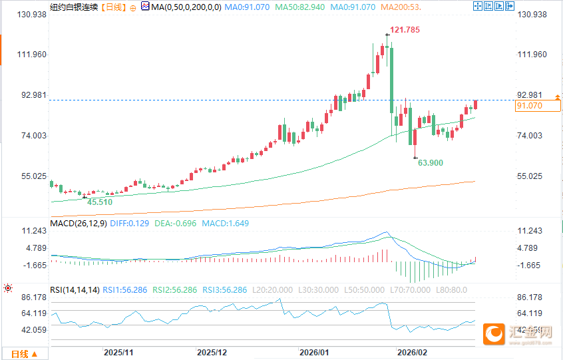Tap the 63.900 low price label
click(x=430, y=162)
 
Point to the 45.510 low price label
click(x=100, y=202)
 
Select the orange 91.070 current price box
click(x=538, y=106)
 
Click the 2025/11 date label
click(x=120, y=351)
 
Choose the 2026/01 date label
click(x=314, y=351)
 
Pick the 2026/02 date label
click(x=411, y=351)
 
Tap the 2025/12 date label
click(x=212, y=351)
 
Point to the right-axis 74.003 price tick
click(x=530, y=136)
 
